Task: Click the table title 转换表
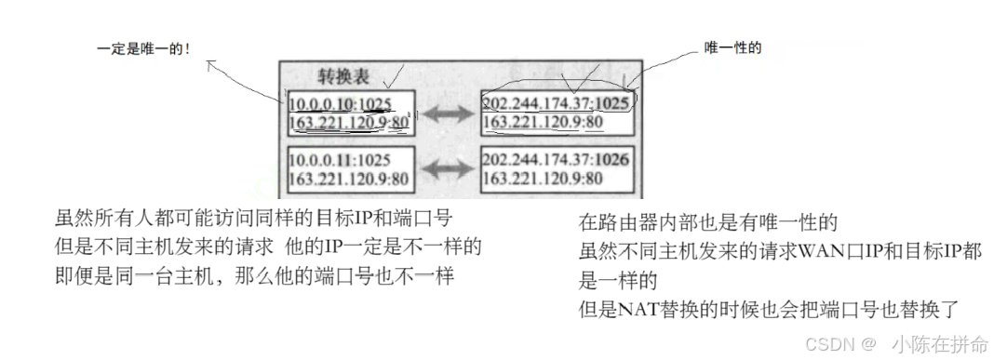[x=344, y=76]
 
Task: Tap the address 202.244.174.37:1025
[x=556, y=103]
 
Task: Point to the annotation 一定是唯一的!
[x=144, y=48]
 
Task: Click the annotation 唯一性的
[x=732, y=48]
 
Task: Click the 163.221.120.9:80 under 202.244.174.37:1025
[x=543, y=121]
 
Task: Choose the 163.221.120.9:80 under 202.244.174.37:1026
[x=543, y=178]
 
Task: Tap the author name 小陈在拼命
[x=940, y=344]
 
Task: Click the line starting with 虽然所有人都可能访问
[x=254, y=219]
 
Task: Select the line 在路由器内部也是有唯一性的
[x=707, y=222]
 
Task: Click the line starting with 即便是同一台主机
[x=254, y=276]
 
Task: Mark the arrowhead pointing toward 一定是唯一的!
[x=212, y=64]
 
